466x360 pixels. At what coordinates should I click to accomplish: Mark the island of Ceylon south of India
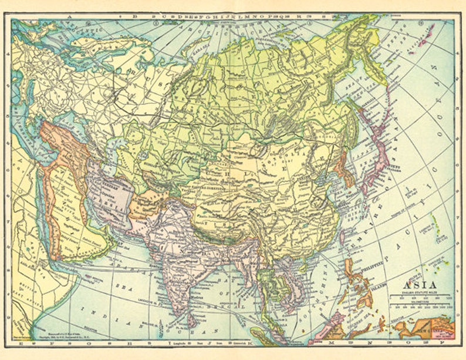192,321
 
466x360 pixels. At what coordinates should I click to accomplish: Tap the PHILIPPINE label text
368,265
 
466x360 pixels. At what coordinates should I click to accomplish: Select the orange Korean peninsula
343,171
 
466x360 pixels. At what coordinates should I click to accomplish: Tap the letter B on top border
134,16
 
